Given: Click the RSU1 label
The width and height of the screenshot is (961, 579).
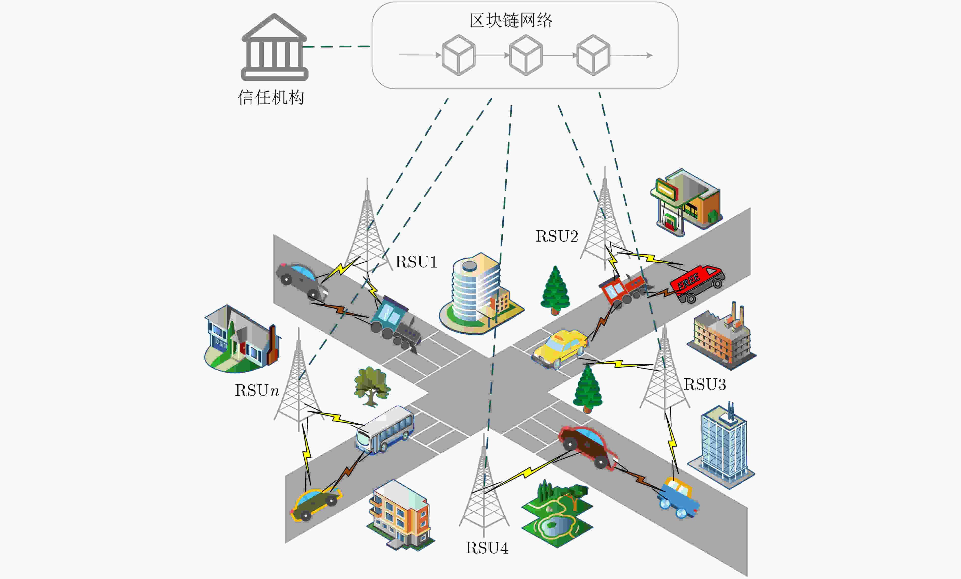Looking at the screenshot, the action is pos(416,262).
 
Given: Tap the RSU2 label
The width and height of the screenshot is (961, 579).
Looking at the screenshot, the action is pos(557,236).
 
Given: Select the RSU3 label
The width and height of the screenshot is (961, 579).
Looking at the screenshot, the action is pos(705,384).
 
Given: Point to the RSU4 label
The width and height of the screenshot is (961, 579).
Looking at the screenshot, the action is pos(487,548).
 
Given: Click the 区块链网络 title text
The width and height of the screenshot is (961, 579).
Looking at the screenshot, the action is pos(511,20).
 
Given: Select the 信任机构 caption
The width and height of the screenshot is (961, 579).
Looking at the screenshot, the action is pos(271,97).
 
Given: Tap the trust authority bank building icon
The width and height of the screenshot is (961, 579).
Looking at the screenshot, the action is pos(275,47).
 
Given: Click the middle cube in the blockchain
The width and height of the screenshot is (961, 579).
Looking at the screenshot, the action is pos(526,55).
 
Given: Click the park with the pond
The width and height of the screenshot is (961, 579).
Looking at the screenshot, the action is pos(557,514).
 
